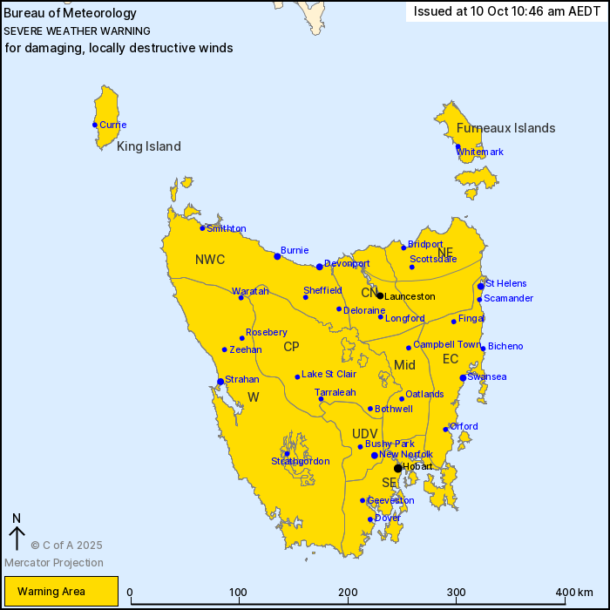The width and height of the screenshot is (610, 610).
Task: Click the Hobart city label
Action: [417, 467]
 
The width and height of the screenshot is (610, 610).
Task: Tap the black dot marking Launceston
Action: [380, 295]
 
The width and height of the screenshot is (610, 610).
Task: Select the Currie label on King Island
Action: [112, 125]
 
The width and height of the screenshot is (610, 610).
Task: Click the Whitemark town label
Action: [480, 152]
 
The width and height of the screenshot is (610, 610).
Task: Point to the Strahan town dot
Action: [220, 381]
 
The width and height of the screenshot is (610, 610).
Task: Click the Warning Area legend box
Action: [59, 591]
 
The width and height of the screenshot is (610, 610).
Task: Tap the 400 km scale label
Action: [573, 593]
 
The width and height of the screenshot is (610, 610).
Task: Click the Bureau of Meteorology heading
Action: [71, 13]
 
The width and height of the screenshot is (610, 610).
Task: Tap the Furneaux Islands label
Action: [505, 128]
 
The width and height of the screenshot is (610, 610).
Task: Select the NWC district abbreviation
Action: [210, 260]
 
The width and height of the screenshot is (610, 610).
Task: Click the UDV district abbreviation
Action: [364, 433]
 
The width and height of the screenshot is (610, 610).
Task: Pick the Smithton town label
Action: [227, 228]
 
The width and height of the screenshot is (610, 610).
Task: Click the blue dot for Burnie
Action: [277, 256]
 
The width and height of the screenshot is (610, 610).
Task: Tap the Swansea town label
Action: [487, 376]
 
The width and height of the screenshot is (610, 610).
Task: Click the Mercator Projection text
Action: [54, 563]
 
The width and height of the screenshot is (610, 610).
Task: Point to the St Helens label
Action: [506, 283]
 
